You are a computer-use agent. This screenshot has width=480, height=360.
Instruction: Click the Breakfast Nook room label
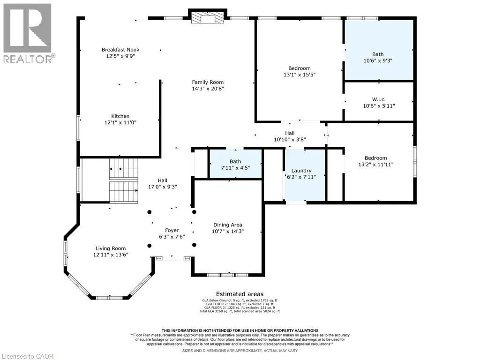(x=120, y=50)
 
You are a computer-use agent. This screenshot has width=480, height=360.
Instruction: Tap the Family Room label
(x=208, y=82)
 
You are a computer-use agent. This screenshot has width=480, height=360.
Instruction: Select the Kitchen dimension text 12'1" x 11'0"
(x=120, y=122)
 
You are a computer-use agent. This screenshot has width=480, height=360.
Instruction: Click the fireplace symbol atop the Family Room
(x=208, y=17)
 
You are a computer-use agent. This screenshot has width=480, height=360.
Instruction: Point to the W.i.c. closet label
(x=379, y=99)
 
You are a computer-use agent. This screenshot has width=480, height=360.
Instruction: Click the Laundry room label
(x=301, y=171)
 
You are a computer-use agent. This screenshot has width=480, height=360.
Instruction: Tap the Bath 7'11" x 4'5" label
(x=235, y=161)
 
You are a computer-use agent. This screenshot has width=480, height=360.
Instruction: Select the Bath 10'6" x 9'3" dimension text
(x=378, y=60)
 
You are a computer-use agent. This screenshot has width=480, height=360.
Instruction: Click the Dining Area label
(x=227, y=225)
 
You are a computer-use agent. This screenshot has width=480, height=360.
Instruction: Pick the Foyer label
(x=172, y=230)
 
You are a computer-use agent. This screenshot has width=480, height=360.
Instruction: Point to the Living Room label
(x=111, y=248)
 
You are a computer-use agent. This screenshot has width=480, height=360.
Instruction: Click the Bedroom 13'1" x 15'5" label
(x=300, y=68)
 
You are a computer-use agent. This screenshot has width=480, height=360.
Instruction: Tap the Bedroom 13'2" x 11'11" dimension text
(x=375, y=165)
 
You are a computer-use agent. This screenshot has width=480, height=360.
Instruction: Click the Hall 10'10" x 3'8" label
(x=290, y=133)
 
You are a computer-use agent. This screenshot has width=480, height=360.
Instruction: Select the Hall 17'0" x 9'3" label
(x=163, y=180)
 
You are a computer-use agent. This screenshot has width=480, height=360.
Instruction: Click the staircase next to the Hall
(x=124, y=180)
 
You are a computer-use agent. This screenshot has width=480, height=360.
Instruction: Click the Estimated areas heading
(x=240, y=294)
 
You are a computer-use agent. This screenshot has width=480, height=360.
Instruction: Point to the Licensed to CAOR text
(x=27, y=356)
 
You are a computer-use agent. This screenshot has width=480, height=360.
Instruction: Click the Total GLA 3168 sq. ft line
(x=240, y=311)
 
